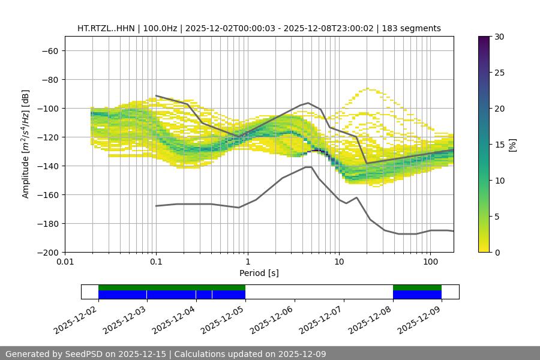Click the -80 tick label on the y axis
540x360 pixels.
coord(49,79)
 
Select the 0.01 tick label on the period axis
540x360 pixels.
coord(65,262)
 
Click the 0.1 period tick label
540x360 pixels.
coord(156,262)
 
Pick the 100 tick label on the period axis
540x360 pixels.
coord(430,262)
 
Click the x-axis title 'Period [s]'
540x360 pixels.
coord(259,273)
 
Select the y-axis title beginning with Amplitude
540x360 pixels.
coord(26,144)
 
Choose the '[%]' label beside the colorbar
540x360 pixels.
coord(512,144)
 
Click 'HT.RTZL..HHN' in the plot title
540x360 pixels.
coord(106,28)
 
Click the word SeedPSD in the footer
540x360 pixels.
coord(85,354)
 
